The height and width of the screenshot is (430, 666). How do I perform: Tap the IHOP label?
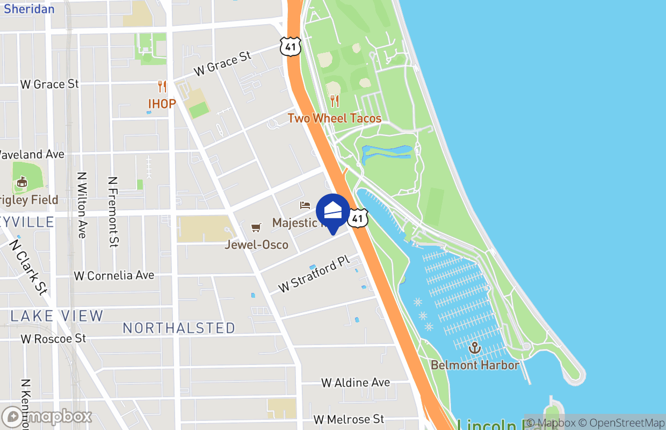click(162, 104)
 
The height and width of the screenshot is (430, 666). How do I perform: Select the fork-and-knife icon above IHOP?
click(162, 86)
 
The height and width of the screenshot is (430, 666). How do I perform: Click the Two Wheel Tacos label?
click(334, 118)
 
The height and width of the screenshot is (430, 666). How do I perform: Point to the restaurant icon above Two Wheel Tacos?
click(334, 101)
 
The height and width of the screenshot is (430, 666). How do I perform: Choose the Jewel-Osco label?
click(257, 245)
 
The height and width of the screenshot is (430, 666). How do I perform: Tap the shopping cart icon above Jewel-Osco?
click(256, 228)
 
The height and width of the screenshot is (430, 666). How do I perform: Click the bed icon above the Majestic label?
click(305, 205)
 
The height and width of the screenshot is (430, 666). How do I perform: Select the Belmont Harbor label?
click(475, 365)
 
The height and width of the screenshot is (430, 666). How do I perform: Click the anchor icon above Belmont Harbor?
click(474, 348)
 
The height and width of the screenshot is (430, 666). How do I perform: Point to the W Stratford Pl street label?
click(314, 274)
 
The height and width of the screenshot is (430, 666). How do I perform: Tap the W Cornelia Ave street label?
click(114, 276)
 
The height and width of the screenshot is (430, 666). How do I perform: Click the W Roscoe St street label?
click(53, 339)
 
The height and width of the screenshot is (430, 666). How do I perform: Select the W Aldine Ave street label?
click(356, 383)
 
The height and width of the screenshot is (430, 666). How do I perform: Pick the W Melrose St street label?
click(349, 419)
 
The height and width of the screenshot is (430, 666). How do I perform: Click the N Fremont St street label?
click(113, 212)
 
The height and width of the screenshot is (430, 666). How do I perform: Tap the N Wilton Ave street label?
click(82, 205)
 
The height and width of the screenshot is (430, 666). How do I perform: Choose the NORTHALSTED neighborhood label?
click(179, 328)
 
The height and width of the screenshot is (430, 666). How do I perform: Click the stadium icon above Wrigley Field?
click(21, 183)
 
